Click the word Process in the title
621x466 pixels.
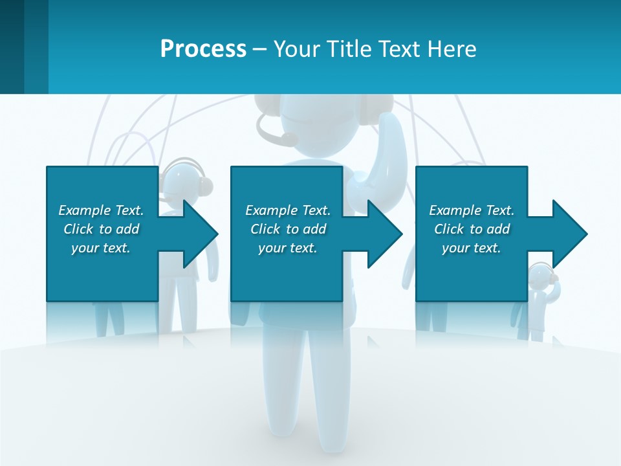pyautogui.click(x=203, y=49)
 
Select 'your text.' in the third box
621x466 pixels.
pyautogui.click(x=471, y=248)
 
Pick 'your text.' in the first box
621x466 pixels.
pyautogui.click(x=101, y=248)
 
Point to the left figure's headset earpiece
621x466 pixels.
pyautogui.click(x=205, y=186)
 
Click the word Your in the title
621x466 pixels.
pyautogui.click(x=295, y=49)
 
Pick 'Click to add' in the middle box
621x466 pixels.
pyautogui.click(x=288, y=229)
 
